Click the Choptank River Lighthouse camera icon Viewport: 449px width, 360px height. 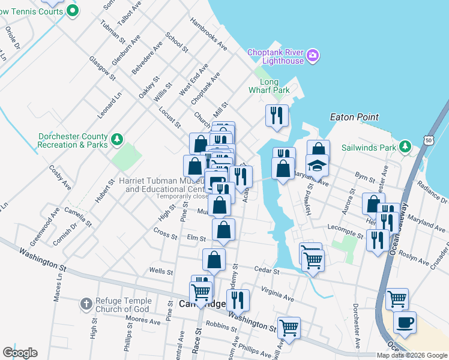(312, 56)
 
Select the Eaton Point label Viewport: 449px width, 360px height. (352, 118)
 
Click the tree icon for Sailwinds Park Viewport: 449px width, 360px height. (406, 146)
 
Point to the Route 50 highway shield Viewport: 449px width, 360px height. (429, 140)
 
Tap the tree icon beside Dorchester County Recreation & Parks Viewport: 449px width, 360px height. (118, 140)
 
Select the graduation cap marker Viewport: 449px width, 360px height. (317, 164)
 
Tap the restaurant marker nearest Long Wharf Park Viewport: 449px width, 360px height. (277, 115)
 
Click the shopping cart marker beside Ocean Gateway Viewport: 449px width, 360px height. (397, 298)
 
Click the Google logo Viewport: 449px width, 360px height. (20, 353)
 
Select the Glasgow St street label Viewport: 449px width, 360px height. (101, 65)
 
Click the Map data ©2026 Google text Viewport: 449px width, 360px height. (412, 355)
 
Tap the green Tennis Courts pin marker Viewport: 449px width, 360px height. (73, 10)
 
